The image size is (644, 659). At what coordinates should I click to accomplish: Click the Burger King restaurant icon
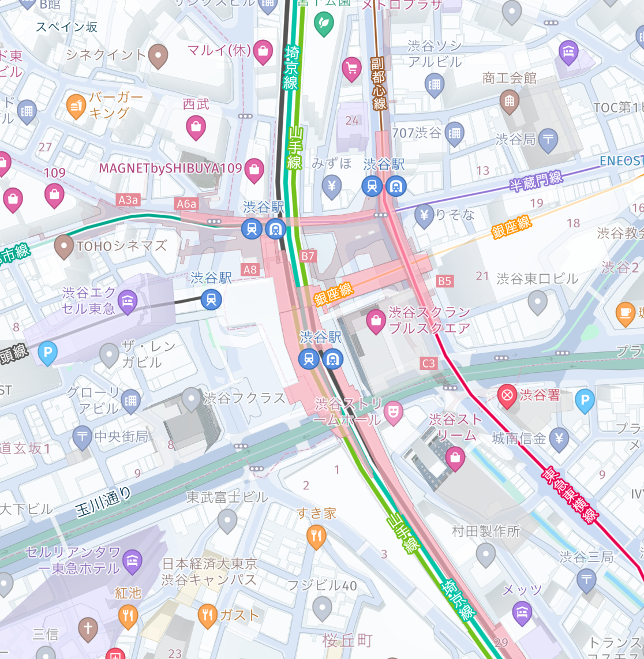click(76, 106)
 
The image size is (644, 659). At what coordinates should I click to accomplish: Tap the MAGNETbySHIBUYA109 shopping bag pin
click(254, 170)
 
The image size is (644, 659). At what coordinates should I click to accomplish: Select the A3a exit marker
click(128, 200)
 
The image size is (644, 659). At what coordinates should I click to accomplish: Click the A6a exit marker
click(186, 203)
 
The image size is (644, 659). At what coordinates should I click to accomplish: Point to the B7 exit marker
click(308, 256)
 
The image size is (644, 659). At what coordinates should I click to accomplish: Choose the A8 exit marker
click(250, 269)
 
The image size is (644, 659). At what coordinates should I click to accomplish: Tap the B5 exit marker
click(444, 281)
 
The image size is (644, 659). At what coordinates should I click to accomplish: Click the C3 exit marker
click(429, 363)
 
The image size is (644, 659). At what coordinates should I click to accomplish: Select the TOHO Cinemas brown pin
click(63, 246)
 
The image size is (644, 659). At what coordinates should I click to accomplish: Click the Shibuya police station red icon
click(507, 396)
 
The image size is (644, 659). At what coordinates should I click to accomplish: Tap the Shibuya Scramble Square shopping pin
click(376, 321)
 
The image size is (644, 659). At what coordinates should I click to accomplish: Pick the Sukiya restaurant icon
click(316, 536)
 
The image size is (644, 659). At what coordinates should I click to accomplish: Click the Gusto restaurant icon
click(207, 615)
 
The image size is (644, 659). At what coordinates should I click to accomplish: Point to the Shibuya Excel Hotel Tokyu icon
click(128, 300)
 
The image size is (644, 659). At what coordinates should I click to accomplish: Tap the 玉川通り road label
click(103, 502)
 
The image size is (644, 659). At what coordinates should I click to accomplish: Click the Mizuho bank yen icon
click(331, 186)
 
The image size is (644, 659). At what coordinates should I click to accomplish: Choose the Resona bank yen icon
click(424, 215)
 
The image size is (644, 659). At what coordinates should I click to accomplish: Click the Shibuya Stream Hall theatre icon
click(393, 413)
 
